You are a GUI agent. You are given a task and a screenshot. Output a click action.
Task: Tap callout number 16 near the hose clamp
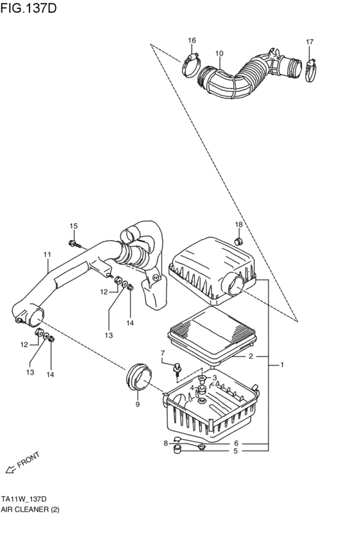pyautogui.click(x=192, y=41)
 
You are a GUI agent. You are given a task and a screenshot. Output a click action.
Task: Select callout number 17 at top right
pyautogui.click(x=309, y=42)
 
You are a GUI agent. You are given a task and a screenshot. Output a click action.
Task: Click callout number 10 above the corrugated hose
pyautogui.click(x=219, y=53)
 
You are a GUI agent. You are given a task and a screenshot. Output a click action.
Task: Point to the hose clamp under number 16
pyautogui.click(x=190, y=64)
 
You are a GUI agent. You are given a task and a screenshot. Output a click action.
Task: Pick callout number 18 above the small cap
pyautogui.click(x=238, y=224)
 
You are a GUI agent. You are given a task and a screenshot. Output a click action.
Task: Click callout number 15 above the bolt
pyautogui.click(x=73, y=226)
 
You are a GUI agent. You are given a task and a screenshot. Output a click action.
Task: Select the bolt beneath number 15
pyautogui.click(x=75, y=244)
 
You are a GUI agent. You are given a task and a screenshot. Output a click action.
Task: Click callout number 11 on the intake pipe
pyautogui.click(x=47, y=255)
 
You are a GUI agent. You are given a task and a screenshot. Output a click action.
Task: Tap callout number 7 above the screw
pyautogui.click(x=163, y=353)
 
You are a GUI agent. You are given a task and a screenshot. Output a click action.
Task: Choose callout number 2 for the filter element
pyautogui.click(x=251, y=355)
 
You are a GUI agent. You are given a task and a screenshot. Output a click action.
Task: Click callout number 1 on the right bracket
pyautogui.click(x=282, y=365)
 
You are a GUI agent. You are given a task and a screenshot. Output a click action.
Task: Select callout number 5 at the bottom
pyautogui.click(x=235, y=451)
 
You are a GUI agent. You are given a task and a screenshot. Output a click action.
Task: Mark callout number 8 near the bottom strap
pyautogui.click(x=166, y=443)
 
